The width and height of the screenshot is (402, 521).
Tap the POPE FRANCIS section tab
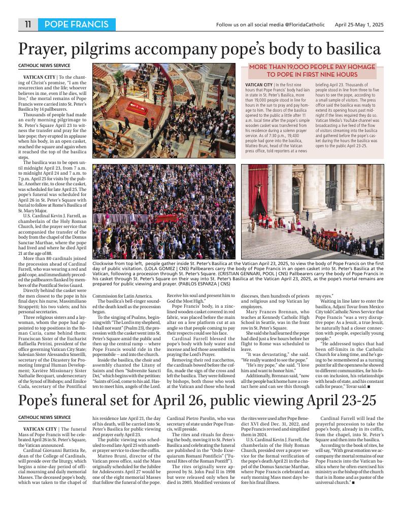(x=76, y=24)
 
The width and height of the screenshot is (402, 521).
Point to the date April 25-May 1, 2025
(x=359, y=24)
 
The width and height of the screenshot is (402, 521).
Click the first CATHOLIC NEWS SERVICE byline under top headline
(x=44, y=66)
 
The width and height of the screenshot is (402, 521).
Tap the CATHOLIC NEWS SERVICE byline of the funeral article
(x=44, y=417)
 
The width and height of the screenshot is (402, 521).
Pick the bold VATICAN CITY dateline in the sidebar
(x=259, y=84)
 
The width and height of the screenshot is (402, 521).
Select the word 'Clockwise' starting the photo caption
(x=105, y=264)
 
